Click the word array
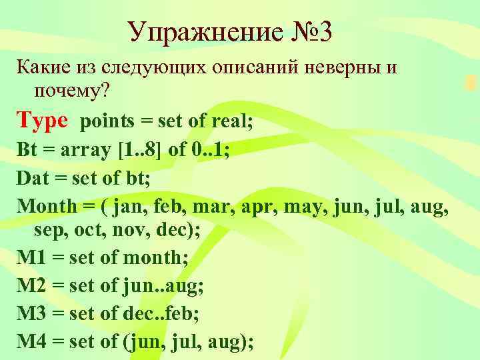point(86,151)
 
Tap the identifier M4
point(31,343)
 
